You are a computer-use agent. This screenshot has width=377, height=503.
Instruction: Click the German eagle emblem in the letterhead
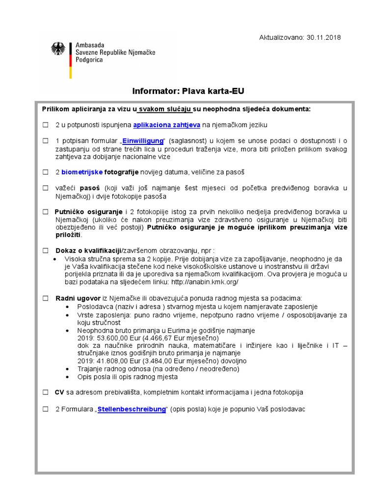58,48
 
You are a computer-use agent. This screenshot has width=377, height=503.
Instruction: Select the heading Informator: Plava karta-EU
188,91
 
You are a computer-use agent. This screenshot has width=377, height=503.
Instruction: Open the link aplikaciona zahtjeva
166,125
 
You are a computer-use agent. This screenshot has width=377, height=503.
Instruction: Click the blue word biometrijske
82,172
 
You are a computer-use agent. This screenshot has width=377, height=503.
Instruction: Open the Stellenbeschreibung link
132,409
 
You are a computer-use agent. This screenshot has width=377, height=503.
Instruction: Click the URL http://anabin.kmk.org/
205,282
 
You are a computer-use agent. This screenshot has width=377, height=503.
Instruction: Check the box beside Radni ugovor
45,298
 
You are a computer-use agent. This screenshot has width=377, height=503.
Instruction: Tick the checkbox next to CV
45,392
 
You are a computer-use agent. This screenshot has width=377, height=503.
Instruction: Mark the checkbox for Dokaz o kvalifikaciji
45,251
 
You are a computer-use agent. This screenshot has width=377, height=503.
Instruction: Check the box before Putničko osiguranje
45,212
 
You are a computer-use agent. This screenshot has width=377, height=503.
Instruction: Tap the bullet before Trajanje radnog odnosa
67,369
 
